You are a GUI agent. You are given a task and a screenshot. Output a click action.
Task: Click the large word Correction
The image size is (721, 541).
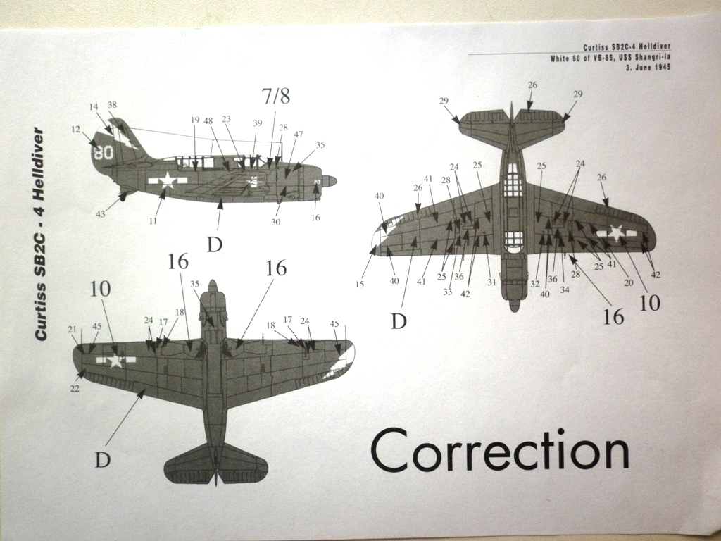point(499,451)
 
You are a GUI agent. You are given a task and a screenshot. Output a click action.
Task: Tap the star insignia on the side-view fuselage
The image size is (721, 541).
point(168,180)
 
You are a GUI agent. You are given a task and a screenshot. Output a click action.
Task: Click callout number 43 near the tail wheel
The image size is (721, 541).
point(101,213)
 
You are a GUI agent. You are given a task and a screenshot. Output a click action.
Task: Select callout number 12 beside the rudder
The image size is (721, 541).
point(75,130)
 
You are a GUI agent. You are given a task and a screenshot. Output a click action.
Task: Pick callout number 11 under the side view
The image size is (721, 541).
point(153,220)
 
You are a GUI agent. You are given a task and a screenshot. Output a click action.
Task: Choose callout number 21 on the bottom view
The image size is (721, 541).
point(73,329)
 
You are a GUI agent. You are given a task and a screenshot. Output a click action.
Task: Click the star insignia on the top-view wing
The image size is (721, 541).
point(617,232)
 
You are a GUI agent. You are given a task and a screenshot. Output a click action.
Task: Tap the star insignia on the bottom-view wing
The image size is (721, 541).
point(115,361)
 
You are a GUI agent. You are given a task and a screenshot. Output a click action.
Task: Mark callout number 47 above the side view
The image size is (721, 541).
point(299,134)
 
